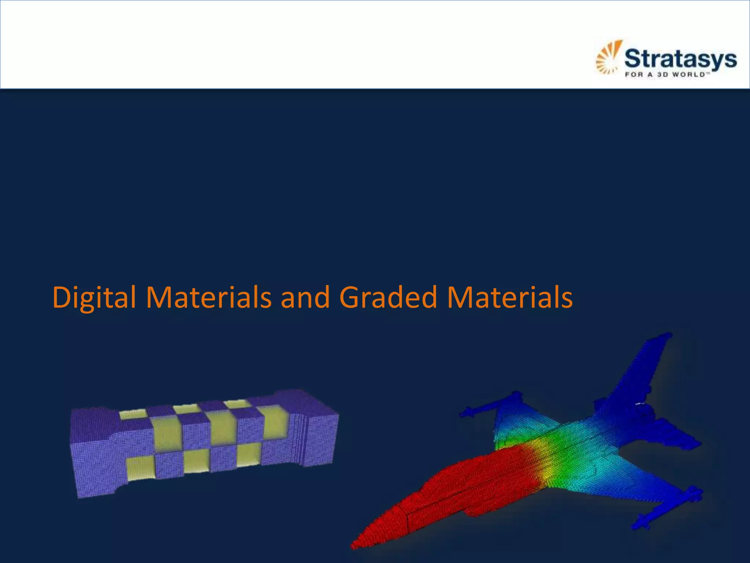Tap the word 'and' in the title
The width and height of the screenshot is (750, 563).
(x=305, y=297)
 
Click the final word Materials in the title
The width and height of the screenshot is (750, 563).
(x=510, y=297)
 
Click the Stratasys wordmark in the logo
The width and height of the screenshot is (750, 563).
(x=680, y=59)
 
